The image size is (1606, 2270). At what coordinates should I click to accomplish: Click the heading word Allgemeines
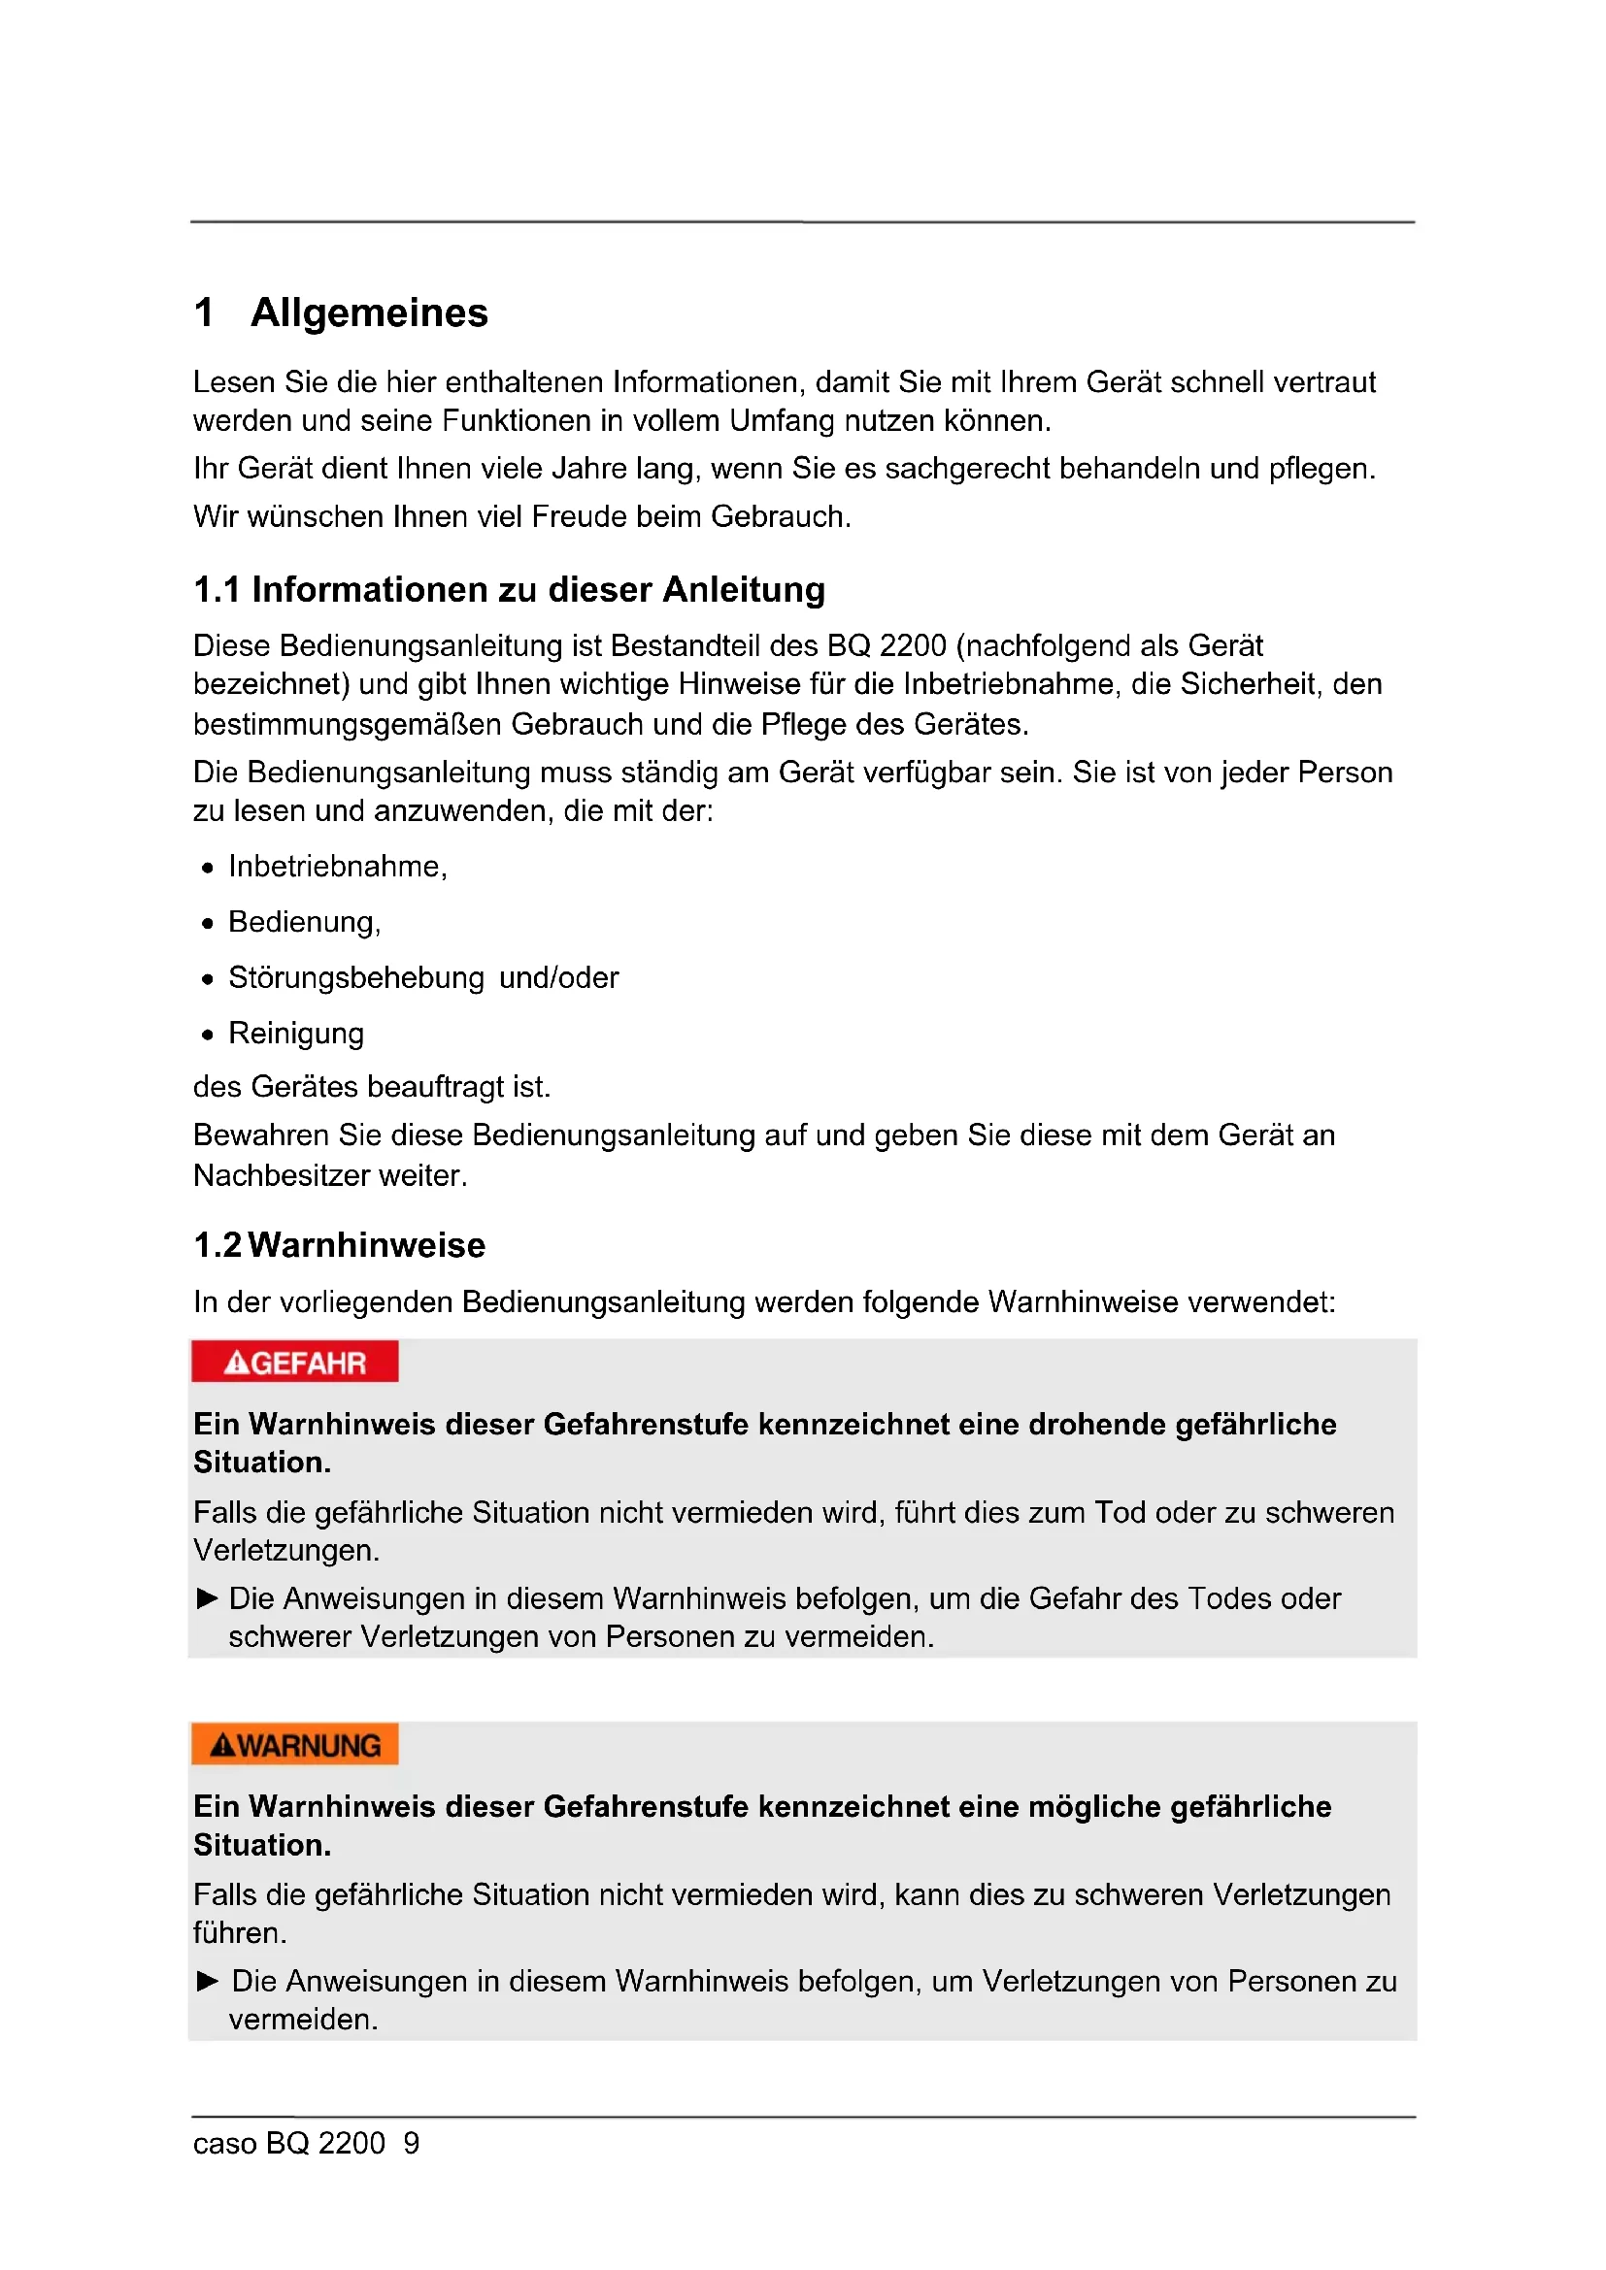coord(369,313)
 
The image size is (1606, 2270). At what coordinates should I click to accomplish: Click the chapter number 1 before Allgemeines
coord(205,313)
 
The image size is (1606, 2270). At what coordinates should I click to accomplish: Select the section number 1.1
coord(217,590)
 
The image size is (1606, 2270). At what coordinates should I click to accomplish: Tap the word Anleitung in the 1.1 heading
coord(744,590)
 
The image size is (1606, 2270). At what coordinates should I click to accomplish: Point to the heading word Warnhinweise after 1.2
coord(367,1246)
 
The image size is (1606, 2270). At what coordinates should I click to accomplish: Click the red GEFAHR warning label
coord(295,1363)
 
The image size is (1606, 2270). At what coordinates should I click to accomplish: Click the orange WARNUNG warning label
coord(295,1745)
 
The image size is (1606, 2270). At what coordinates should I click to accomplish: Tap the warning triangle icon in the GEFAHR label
coord(237,1364)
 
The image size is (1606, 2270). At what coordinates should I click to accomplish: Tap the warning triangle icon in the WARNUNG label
coord(223,1746)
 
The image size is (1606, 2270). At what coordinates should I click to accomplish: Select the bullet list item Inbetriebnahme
coord(336,867)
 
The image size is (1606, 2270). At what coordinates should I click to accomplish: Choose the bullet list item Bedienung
coord(303,922)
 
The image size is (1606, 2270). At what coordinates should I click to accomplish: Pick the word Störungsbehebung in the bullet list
coord(356,978)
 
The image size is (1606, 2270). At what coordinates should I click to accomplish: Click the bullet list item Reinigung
coord(296,1034)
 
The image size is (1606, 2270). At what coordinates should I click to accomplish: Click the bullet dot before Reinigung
coord(208,1036)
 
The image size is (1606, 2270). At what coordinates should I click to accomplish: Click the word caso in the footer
coord(224,2144)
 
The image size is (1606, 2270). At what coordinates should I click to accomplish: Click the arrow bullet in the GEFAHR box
coord(208,1598)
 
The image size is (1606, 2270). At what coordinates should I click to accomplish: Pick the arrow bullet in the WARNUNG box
coord(208,1981)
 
